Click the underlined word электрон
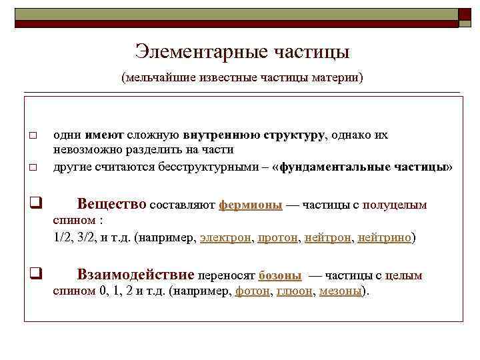click(x=226, y=237)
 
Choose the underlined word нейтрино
click(x=385, y=237)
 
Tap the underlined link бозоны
click(x=279, y=275)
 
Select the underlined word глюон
click(x=294, y=291)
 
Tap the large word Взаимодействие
click(x=136, y=274)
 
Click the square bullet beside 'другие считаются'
click(x=33, y=167)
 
